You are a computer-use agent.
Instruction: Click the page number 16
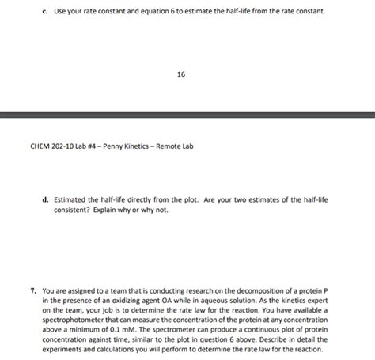pyautogui.click(x=181, y=75)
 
